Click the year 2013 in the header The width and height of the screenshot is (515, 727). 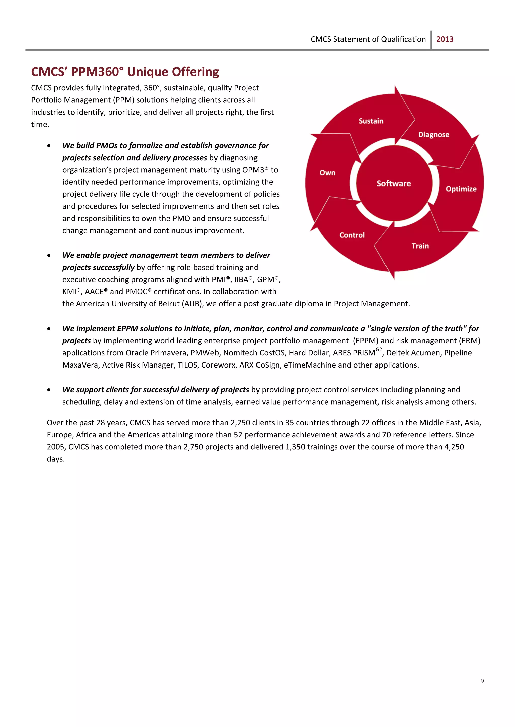(x=445, y=39)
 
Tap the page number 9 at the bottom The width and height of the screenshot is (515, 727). (x=482, y=681)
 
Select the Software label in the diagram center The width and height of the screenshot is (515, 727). (x=394, y=184)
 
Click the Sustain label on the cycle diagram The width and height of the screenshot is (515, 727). (x=371, y=121)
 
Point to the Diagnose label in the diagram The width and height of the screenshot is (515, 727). (x=434, y=135)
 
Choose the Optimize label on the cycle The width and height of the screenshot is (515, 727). (x=461, y=189)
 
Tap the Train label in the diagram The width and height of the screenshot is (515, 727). (x=420, y=246)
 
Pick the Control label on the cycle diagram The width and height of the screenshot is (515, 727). (x=352, y=235)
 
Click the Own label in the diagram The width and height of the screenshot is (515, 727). (x=327, y=173)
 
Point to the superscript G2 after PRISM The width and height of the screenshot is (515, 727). (x=379, y=350)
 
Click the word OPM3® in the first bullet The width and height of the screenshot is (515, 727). (x=255, y=170)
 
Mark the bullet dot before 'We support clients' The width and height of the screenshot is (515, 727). (x=49, y=390)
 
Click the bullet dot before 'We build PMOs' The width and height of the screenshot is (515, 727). (x=49, y=146)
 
